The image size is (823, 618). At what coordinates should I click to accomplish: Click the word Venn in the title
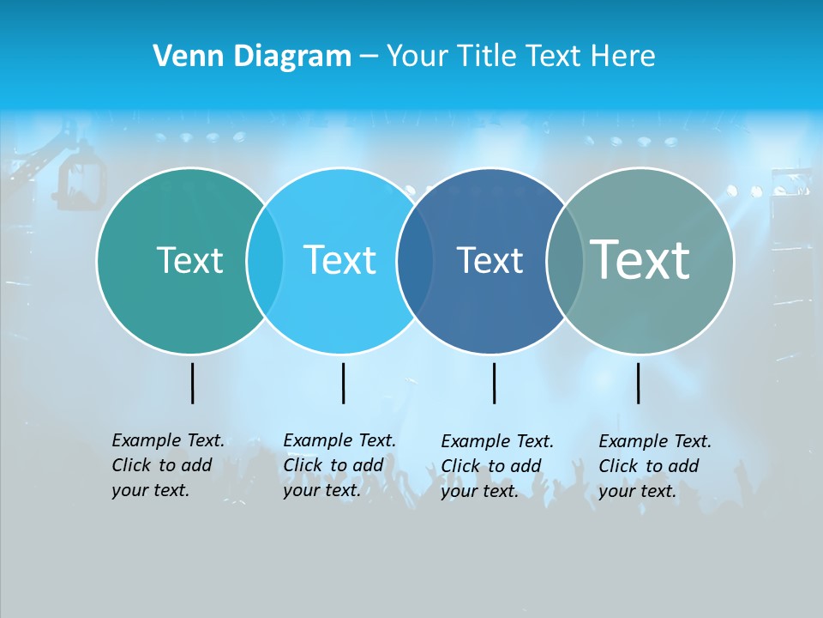click(181, 57)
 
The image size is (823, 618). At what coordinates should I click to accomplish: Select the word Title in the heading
click(488, 57)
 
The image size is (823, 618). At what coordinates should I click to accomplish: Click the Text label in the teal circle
click(189, 260)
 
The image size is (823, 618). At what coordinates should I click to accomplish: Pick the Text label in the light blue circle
click(340, 260)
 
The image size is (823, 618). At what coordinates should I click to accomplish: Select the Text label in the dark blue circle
click(490, 260)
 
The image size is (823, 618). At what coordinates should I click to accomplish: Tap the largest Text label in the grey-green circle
click(640, 260)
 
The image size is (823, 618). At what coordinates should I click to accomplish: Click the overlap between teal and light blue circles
click(265, 261)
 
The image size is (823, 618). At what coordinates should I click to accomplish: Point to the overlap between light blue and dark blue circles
click(415, 261)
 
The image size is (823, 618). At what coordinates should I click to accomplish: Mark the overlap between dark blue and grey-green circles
click(564, 261)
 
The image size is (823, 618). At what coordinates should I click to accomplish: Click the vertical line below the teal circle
click(192, 383)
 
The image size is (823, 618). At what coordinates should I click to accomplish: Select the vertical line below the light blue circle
click(343, 383)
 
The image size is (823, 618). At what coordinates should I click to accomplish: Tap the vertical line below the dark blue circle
click(494, 383)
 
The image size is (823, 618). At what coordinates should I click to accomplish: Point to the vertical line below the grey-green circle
click(638, 383)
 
